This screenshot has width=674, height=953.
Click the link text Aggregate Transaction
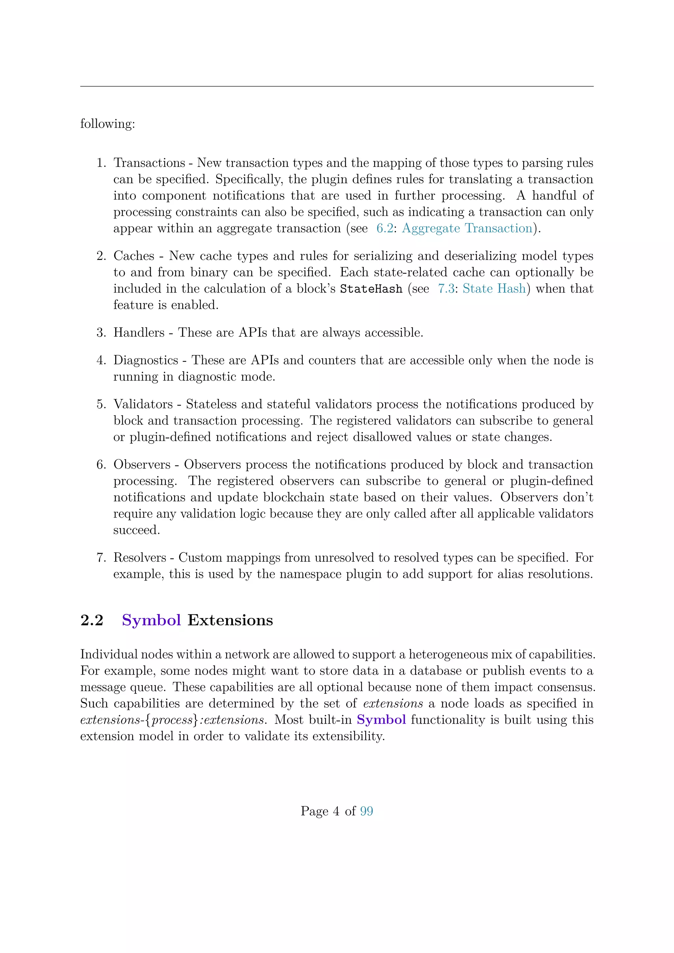(467, 228)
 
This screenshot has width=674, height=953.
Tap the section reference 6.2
(384, 228)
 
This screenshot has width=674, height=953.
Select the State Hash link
(494, 289)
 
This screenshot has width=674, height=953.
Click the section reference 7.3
(446, 289)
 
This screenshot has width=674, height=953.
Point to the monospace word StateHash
(371, 289)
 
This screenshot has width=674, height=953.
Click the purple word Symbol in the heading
(151, 620)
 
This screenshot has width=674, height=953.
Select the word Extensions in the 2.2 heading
(230, 620)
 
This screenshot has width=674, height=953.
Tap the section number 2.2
(92, 620)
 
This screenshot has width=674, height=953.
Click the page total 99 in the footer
(367, 811)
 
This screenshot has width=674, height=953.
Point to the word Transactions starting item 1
(149, 163)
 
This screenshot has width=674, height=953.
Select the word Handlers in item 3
(139, 332)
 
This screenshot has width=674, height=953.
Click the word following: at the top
(108, 124)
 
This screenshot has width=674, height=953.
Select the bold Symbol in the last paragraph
(381, 719)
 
